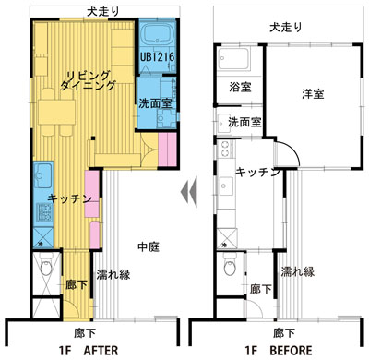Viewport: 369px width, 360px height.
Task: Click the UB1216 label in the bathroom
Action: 157,57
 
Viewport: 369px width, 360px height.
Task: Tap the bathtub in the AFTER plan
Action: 157,34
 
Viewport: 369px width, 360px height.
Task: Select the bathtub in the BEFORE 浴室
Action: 232,59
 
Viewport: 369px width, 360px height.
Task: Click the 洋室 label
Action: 313,93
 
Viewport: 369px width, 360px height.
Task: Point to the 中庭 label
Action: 149,246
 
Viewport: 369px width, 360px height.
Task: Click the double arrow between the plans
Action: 189,193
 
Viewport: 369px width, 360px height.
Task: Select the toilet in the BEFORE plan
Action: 230,265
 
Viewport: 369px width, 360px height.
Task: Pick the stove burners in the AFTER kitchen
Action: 44,211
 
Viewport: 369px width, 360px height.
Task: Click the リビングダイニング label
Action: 89,80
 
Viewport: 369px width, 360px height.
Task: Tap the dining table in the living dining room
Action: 57,112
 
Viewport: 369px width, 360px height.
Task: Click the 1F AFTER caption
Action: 89,350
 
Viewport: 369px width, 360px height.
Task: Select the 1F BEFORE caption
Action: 279,350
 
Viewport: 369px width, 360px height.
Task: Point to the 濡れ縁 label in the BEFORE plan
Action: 297,271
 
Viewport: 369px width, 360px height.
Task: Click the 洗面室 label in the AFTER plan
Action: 155,103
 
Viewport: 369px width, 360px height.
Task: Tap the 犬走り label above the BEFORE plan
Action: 286,27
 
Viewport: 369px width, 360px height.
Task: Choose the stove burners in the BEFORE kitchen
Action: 225,149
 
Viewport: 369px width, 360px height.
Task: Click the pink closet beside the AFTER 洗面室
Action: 168,150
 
